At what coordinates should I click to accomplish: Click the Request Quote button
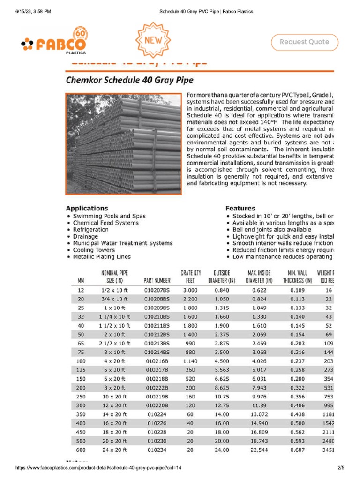click(x=304, y=42)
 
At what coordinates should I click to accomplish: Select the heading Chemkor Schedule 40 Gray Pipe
click(x=129, y=80)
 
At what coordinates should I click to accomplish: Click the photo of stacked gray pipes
click(x=123, y=144)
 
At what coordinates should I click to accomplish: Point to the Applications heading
click(x=87, y=208)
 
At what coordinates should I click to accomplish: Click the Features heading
click(x=240, y=208)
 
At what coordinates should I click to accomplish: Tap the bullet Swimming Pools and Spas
click(x=109, y=216)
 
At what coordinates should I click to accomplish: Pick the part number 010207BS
click(x=157, y=291)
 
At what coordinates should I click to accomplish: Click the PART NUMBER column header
click(x=157, y=281)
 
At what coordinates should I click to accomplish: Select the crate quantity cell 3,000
click(x=190, y=291)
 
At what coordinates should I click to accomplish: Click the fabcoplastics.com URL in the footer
click(x=98, y=468)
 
